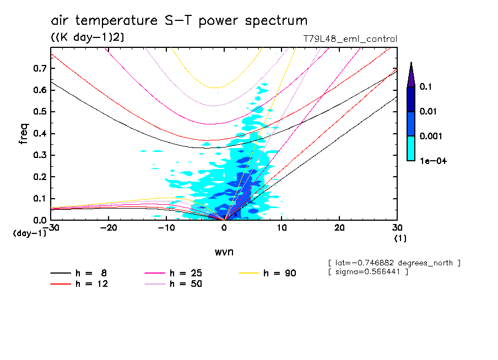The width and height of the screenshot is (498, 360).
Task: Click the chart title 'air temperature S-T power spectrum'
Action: [179, 21]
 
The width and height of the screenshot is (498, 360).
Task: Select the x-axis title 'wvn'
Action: [224, 252]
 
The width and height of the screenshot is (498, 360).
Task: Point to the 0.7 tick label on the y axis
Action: [39, 68]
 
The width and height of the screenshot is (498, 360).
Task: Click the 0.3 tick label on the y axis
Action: [39, 155]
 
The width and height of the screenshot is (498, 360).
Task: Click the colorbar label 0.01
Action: [429, 112]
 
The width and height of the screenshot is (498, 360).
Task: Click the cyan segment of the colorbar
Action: [411, 148]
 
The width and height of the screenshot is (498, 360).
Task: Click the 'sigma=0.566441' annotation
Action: [368, 272]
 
